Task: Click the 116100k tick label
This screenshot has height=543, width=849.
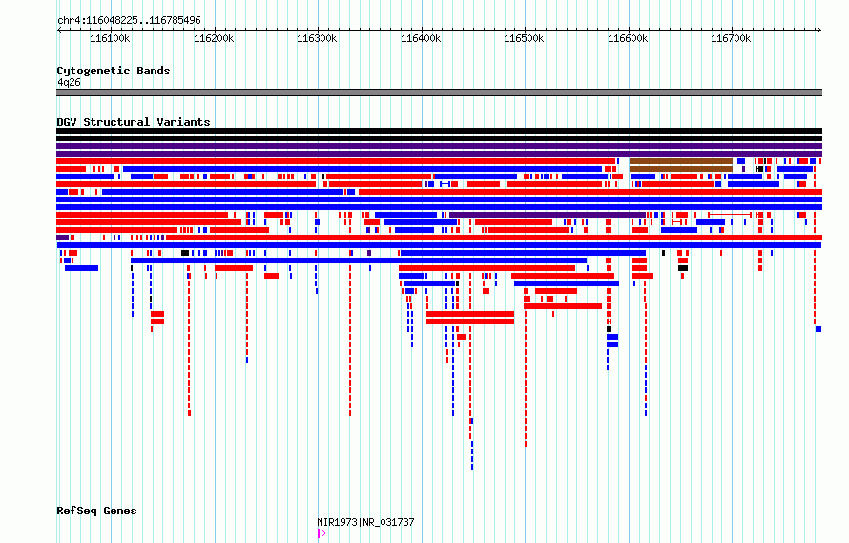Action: pyautogui.click(x=110, y=38)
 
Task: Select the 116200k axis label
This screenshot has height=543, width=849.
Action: pyautogui.click(x=214, y=38)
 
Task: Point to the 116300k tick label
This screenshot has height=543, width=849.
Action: pyautogui.click(x=317, y=38)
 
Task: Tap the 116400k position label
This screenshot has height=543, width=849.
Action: pyautogui.click(x=421, y=38)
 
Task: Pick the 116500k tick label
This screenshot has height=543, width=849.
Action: pyautogui.click(x=524, y=38)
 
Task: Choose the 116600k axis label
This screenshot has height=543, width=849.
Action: pyautogui.click(x=628, y=38)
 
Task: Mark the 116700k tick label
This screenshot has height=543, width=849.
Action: pyautogui.click(x=731, y=38)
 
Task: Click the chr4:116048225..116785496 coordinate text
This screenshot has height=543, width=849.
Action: pyautogui.click(x=130, y=21)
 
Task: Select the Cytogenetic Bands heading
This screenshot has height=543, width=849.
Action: pyautogui.click(x=114, y=71)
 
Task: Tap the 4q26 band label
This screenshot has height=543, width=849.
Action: pyautogui.click(x=69, y=82)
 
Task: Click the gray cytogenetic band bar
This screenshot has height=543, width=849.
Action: pyautogui.click(x=439, y=93)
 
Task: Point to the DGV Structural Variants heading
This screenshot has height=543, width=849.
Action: pyautogui.click(x=134, y=122)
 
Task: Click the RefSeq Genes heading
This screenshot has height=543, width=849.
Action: pyautogui.click(x=96, y=511)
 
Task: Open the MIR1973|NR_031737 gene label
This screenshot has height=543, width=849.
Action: pyautogui.click(x=365, y=522)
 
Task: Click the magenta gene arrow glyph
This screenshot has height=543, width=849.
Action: pyautogui.click(x=321, y=533)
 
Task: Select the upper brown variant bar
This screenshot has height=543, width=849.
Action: pyautogui.click(x=680, y=161)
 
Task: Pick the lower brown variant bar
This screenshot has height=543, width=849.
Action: pyautogui.click(x=680, y=169)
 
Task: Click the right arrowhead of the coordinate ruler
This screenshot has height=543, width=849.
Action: pyautogui.click(x=819, y=31)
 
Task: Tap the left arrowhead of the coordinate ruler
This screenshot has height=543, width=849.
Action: pyautogui.click(x=58, y=31)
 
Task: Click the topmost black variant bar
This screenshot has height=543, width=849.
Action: pyautogui.click(x=439, y=131)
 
